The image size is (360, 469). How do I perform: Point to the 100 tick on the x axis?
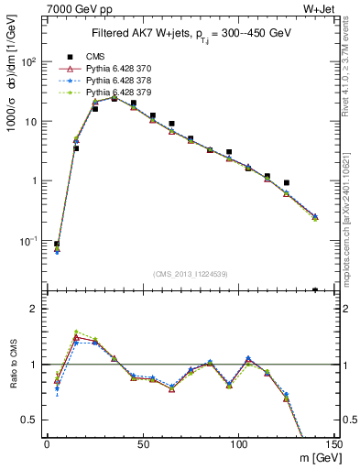pyautogui.click(x=238, y=444)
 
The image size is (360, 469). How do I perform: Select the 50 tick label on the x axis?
pyautogui.click(x=142, y=444)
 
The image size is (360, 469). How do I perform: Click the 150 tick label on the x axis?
pyautogui.click(x=334, y=444)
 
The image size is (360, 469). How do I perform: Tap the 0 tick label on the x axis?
pyautogui.click(x=47, y=444)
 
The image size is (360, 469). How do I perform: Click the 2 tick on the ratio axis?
pyautogui.click(x=37, y=309)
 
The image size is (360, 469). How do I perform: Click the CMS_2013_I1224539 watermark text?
pyautogui.click(x=190, y=273)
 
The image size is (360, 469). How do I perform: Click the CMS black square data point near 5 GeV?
pyautogui.click(x=57, y=245)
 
